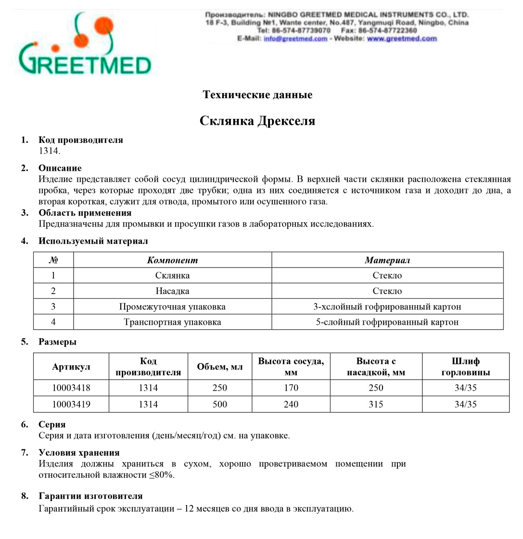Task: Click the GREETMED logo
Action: coord(85,45)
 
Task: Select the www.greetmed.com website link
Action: coord(402,39)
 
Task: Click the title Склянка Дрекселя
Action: coord(257,121)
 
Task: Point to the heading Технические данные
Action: coord(257,95)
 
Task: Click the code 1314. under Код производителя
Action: coord(50,151)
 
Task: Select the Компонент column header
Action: coord(172,260)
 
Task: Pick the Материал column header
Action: coord(387,260)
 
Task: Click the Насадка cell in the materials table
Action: coord(172,291)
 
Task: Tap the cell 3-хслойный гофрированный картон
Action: coord(387,307)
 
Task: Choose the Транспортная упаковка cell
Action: coord(172,322)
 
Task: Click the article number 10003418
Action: coord(71,388)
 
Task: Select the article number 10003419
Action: coord(71,404)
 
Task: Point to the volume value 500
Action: coord(219,404)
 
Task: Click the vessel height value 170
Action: coord(291,388)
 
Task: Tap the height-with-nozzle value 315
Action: coord(376,404)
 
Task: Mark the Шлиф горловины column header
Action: coord(465,367)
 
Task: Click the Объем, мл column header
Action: coord(219,367)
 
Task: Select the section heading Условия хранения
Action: coord(79,452)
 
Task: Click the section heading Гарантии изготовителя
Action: coord(90,496)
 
